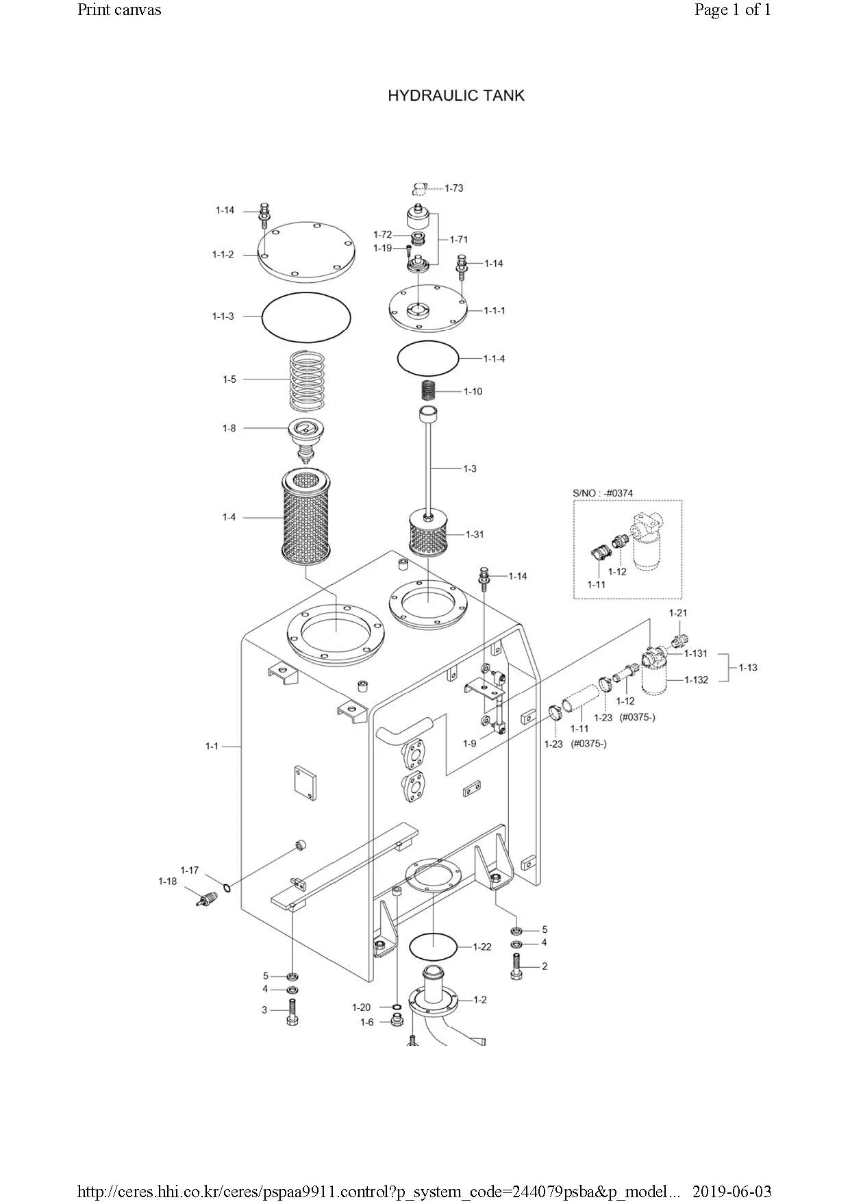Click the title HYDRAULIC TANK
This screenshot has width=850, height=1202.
(x=456, y=95)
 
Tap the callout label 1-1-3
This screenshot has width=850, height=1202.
(x=223, y=316)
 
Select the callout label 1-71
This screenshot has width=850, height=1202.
(x=459, y=240)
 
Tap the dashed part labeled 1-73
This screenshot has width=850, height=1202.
(x=420, y=188)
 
